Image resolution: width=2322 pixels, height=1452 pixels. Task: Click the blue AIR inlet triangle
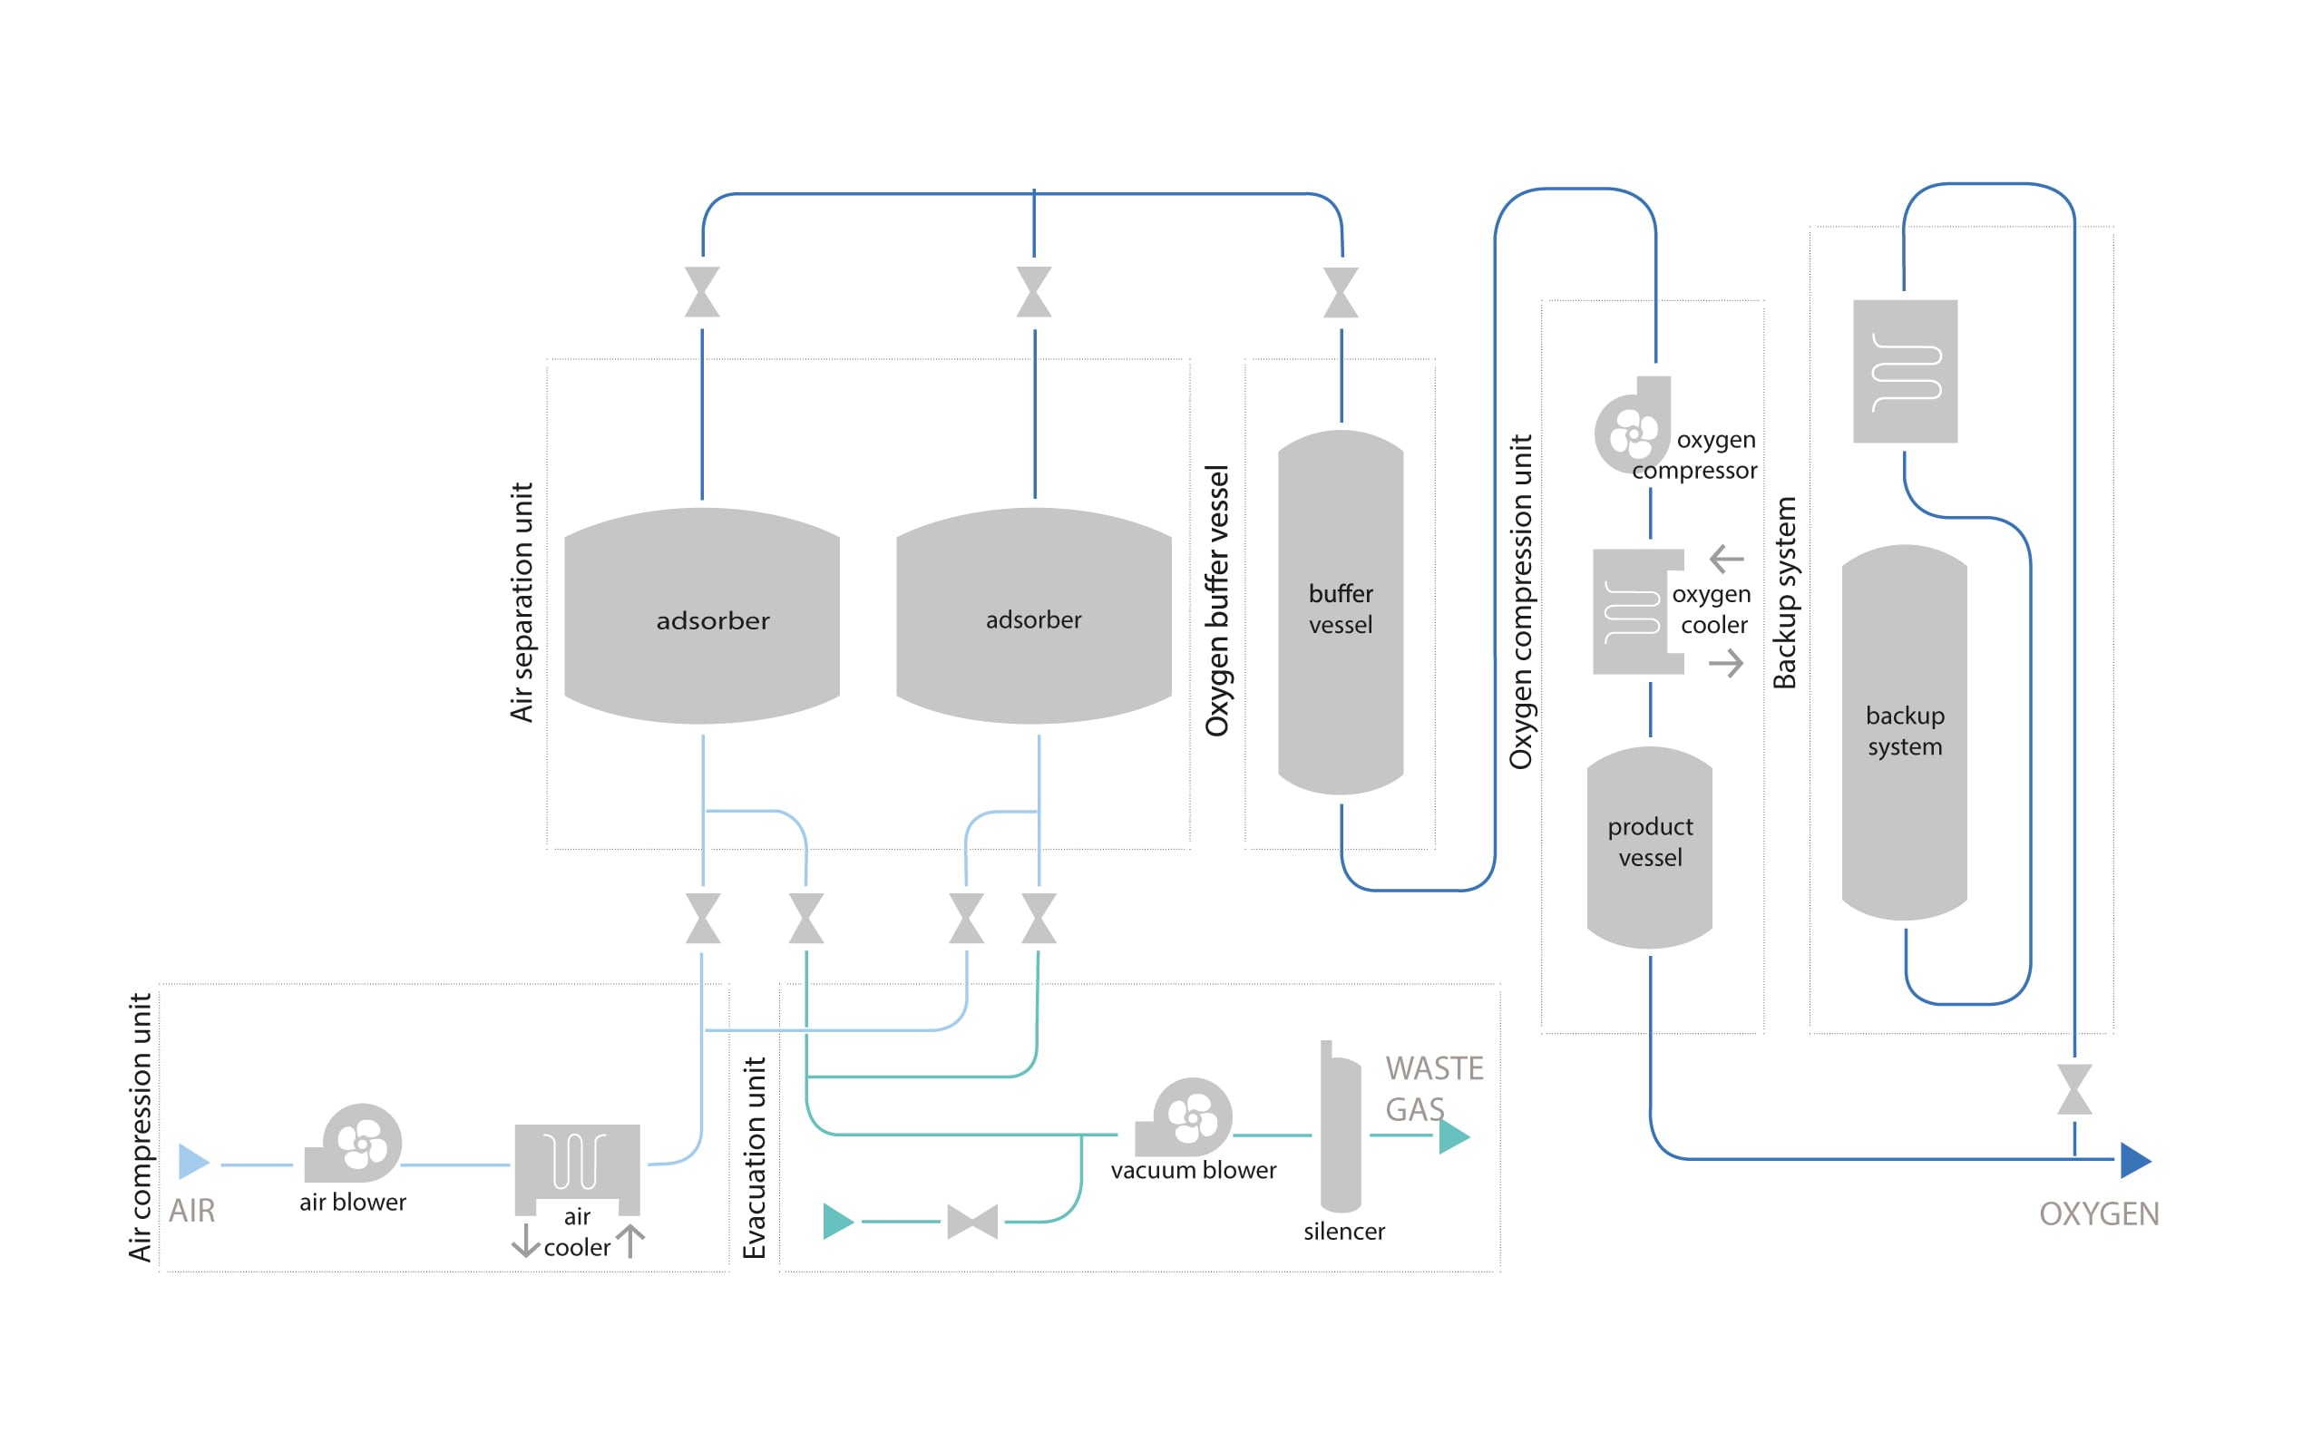point(192,1162)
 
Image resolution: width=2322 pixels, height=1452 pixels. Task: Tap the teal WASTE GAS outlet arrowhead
point(1453,1136)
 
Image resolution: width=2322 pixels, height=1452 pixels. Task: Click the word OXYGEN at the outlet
point(2098,1214)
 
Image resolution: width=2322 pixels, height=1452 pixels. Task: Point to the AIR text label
point(192,1211)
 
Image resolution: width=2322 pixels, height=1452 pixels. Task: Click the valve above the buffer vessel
point(1341,292)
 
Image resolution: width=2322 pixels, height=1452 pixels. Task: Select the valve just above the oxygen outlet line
point(2074,1089)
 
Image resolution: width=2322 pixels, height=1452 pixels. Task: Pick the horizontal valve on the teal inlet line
point(971,1222)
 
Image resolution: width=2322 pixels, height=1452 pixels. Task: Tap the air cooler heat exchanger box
point(577,1161)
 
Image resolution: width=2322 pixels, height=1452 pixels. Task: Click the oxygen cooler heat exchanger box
point(1633,611)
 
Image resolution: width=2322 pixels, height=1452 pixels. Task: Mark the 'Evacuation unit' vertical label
point(755,1158)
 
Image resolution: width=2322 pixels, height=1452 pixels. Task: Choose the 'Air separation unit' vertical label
point(522,602)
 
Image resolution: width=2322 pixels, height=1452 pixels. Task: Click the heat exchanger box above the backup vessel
point(1904,372)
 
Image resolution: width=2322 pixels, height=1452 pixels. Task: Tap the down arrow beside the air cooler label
point(525,1240)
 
